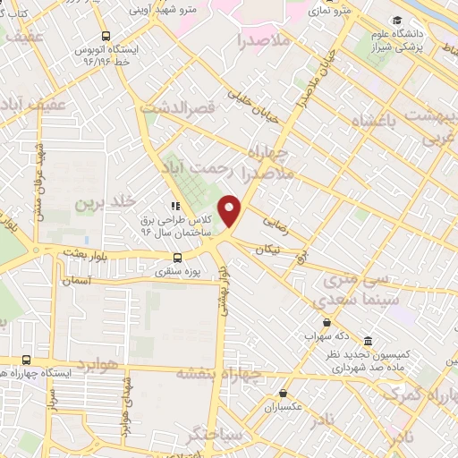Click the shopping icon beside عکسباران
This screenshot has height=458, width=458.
tap(283, 393)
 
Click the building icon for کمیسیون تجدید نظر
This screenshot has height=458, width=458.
tap(369, 342)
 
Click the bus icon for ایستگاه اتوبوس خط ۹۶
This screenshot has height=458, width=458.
tap(106, 37)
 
